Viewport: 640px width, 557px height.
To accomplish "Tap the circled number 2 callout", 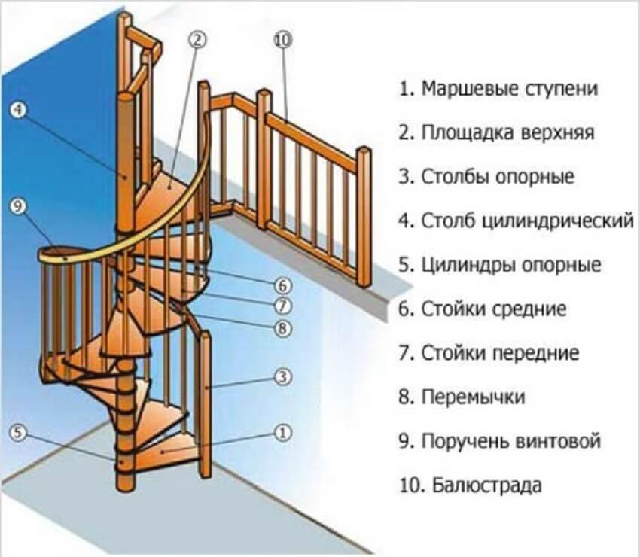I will click(198, 40).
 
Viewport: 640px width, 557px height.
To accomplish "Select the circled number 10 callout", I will click(282, 40).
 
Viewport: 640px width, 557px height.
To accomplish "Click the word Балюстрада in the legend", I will click(487, 485).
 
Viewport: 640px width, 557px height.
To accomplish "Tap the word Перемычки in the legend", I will click(473, 397).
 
